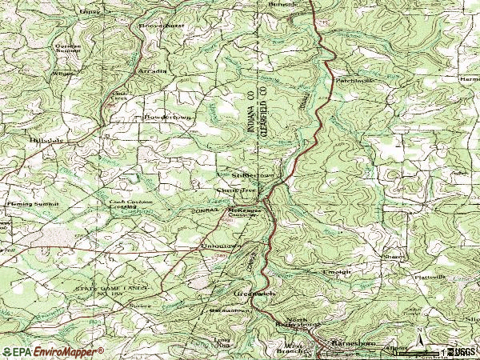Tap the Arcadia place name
152,70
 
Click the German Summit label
68,48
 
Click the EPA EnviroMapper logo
53,351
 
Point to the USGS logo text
464,351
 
